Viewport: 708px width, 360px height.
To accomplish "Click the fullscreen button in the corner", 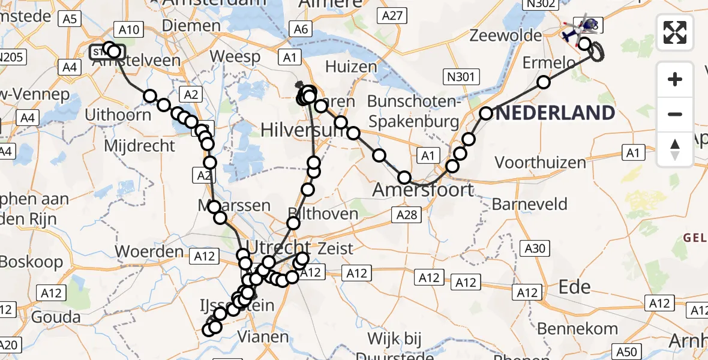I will (675, 32).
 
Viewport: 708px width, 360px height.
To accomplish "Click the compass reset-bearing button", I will (675, 149).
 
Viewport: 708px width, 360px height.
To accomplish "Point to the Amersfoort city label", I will (423, 190).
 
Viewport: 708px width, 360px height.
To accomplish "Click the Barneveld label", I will (529, 204).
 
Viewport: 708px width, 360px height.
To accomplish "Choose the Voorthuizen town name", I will (532, 163).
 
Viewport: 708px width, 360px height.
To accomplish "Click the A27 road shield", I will (393, 16).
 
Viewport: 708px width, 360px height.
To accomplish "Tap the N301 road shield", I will (460, 76).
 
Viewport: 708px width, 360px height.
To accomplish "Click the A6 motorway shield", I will (301, 28).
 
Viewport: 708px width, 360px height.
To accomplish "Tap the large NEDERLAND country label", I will (556, 113).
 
